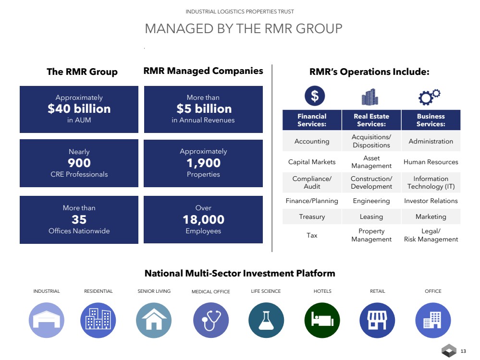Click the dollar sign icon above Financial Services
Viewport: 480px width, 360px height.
point(315,96)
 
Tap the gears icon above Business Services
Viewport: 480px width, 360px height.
point(429,97)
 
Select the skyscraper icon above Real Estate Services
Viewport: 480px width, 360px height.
point(370,97)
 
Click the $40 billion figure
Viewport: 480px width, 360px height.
point(79,109)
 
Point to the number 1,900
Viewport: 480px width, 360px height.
point(203,163)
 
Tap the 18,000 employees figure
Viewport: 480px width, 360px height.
point(203,220)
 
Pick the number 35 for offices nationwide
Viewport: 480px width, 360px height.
point(79,220)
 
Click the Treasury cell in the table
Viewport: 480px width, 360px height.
point(312,216)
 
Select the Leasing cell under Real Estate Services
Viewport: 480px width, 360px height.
point(371,216)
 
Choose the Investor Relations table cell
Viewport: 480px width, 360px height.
point(431,201)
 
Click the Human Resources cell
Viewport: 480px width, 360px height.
point(431,162)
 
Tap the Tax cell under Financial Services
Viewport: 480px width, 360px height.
point(312,235)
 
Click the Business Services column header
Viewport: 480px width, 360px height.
point(431,120)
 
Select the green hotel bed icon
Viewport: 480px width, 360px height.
point(322,320)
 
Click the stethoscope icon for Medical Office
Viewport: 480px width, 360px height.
point(211,320)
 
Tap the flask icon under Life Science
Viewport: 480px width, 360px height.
point(266,320)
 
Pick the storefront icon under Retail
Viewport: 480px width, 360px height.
point(377,320)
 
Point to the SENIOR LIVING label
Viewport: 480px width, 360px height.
point(154,291)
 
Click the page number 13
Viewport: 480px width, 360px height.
point(463,351)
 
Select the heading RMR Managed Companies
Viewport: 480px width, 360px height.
point(203,71)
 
